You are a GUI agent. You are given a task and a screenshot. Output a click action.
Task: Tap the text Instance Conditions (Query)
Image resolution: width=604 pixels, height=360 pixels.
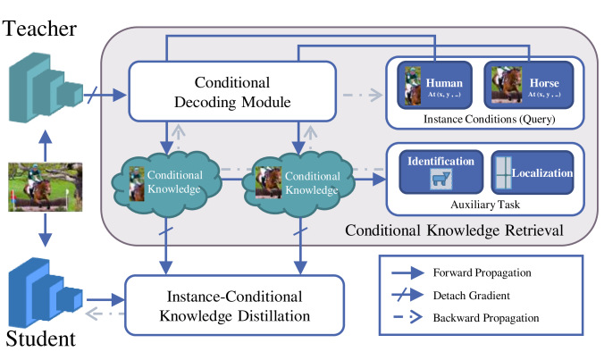pyautogui.click(x=484, y=118)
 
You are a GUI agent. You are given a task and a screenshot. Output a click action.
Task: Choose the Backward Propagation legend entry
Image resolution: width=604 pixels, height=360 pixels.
pyautogui.click(x=483, y=318)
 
